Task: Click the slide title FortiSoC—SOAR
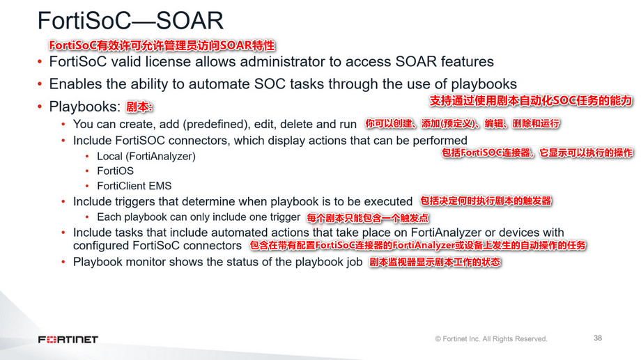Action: click(130, 20)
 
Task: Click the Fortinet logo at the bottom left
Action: click(68, 339)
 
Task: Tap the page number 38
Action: click(598, 338)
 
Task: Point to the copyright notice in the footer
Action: click(491, 339)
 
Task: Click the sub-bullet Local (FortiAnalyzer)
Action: click(146, 156)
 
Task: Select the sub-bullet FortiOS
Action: click(116, 171)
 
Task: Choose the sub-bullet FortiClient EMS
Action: click(134, 186)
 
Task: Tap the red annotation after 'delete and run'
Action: click(463, 124)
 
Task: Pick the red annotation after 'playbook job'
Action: click(435, 263)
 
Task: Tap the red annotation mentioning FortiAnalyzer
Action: click(417, 246)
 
